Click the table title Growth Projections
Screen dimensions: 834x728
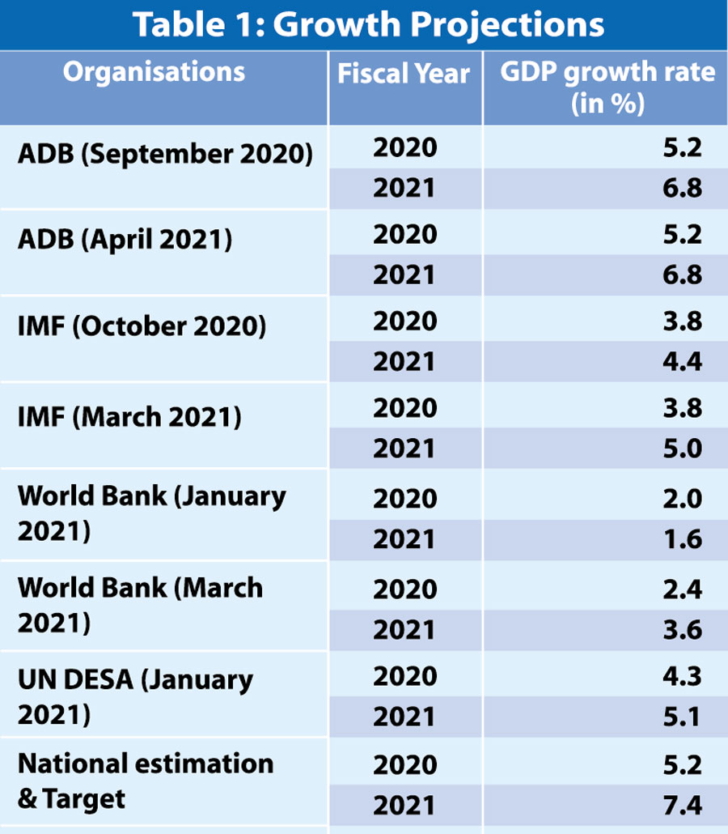point(368,24)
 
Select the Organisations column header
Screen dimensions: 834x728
point(154,71)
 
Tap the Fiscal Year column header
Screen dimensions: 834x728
point(404,74)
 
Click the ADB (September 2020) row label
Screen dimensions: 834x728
point(165,154)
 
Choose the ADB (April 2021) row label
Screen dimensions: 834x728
point(125,240)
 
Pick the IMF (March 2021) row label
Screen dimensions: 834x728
point(129,418)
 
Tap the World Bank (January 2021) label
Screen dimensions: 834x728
point(151,513)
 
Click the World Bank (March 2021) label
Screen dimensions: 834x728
point(140,604)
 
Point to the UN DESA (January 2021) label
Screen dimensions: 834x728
point(135,696)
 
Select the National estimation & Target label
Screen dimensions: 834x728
point(146,781)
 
